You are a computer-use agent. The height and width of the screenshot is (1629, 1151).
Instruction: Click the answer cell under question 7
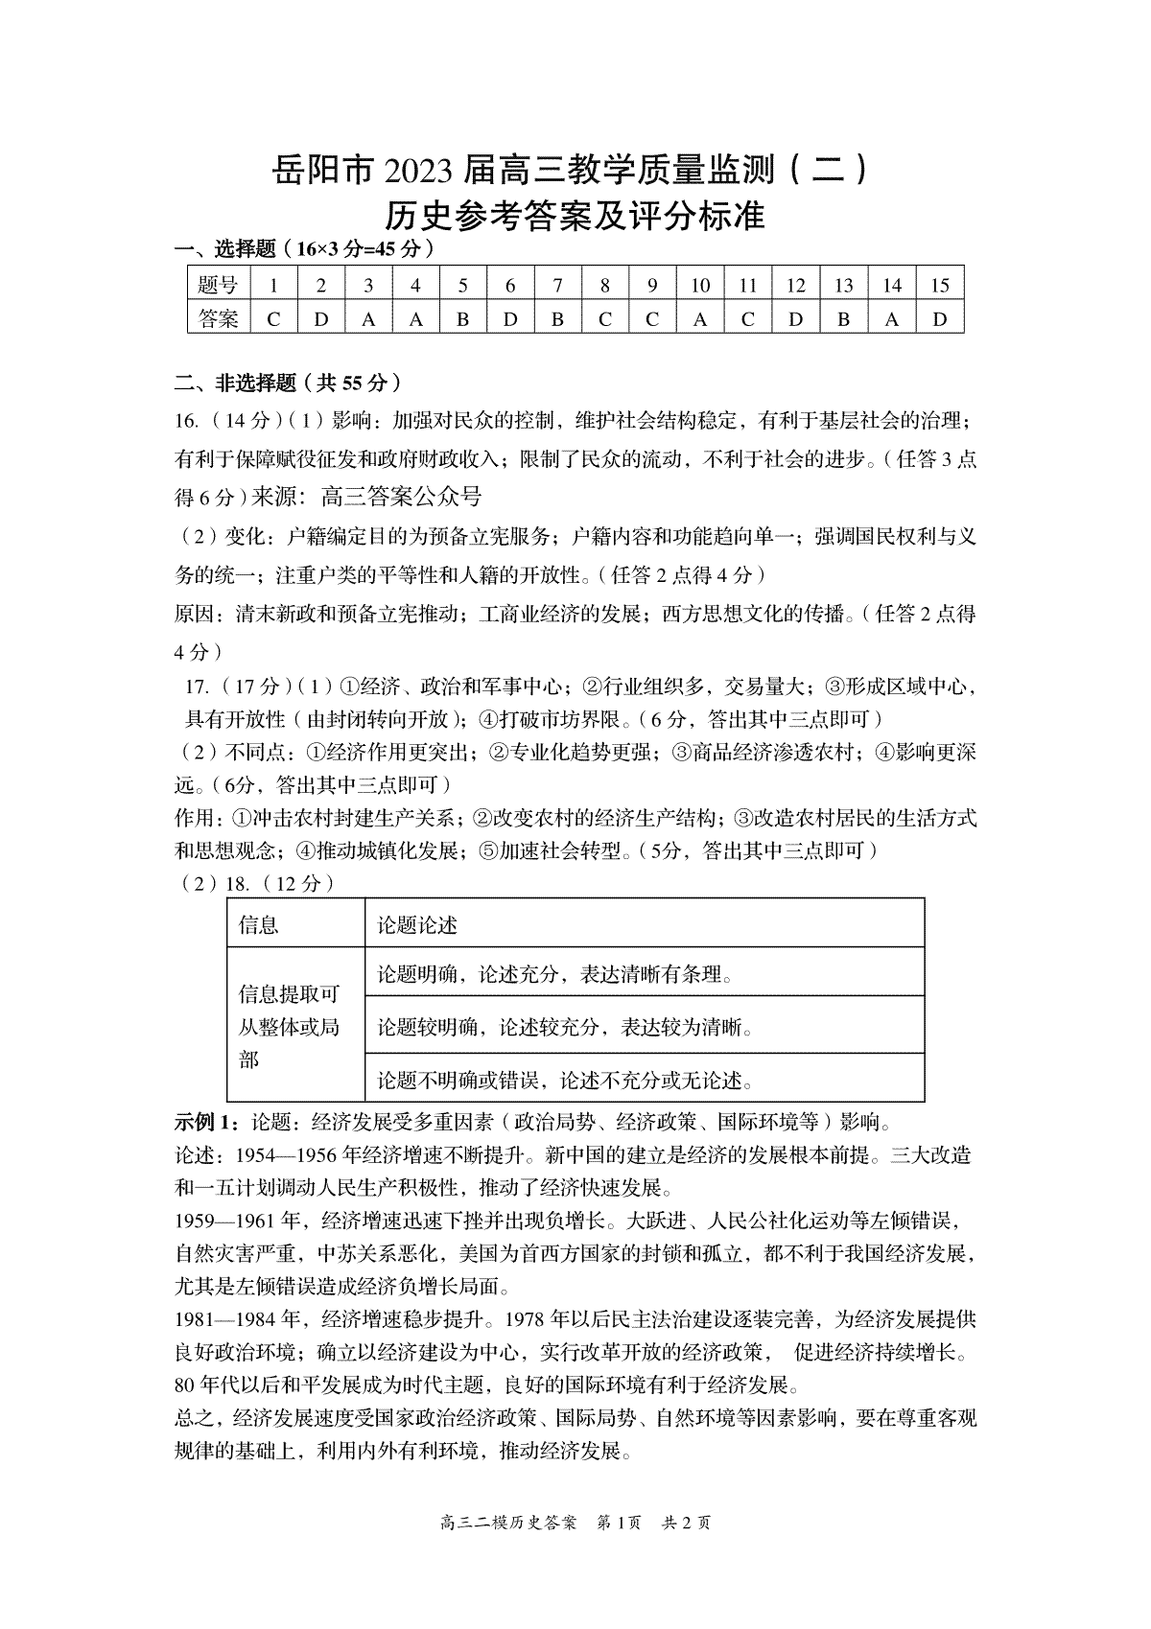tap(557, 319)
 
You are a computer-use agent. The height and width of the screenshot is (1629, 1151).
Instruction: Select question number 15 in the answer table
tap(940, 286)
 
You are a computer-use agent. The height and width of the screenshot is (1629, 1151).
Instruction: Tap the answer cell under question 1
tap(273, 319)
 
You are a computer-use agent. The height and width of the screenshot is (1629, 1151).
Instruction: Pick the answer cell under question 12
tap(795, 319)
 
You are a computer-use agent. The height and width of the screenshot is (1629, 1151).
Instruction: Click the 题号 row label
tap(219, 286)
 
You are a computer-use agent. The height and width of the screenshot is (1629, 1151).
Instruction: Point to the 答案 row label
tap(219, 319)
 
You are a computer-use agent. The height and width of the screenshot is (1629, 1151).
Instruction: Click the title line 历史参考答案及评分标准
tap(575, 217)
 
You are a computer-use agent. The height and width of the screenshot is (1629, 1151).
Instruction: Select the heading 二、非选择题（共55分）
tap(287, 383)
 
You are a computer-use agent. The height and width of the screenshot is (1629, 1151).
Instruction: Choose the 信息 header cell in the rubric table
tap(258, 924)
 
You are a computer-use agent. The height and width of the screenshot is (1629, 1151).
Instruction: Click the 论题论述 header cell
tap(417, 924)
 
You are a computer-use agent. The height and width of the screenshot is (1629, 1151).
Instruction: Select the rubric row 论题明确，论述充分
tap(555, 975)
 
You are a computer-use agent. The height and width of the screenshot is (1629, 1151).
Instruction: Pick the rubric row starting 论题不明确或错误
tap(565, 1081)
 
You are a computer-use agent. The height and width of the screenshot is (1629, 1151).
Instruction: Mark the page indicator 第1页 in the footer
tap(619, 1522)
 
